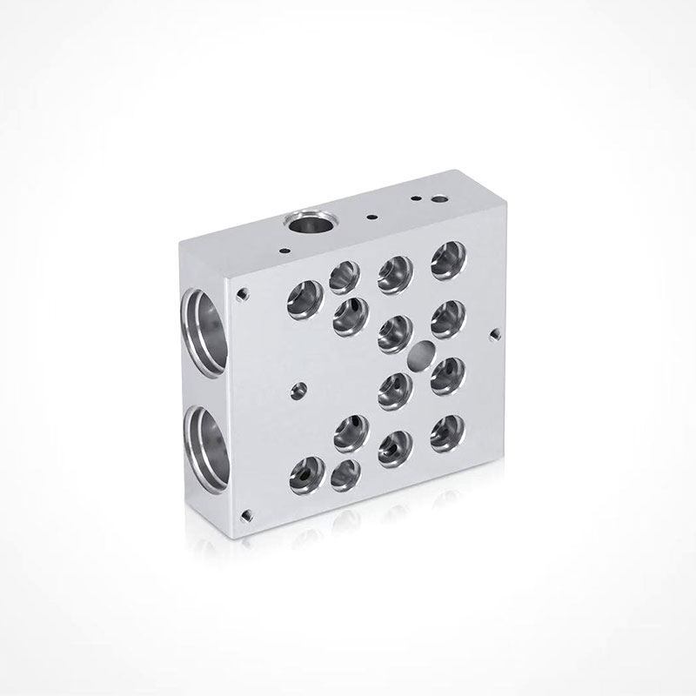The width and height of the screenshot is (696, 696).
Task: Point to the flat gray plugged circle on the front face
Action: coord(421,354)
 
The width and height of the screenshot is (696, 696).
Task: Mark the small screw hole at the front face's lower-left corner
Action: coord(249,514)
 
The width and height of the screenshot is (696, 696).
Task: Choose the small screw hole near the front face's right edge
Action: coord(495,332)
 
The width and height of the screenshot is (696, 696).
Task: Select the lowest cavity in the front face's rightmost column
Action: coord(447,429)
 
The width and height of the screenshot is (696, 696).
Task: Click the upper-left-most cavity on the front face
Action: coord(304,300)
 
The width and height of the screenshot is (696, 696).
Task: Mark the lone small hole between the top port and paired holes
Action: coord(371,216)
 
